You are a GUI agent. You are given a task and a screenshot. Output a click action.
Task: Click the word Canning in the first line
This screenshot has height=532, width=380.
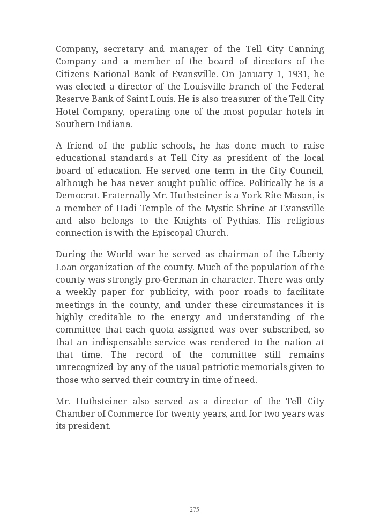305,49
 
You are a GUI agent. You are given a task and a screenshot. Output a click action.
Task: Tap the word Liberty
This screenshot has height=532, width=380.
308,254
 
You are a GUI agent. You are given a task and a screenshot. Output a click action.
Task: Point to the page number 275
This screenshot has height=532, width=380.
194,509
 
